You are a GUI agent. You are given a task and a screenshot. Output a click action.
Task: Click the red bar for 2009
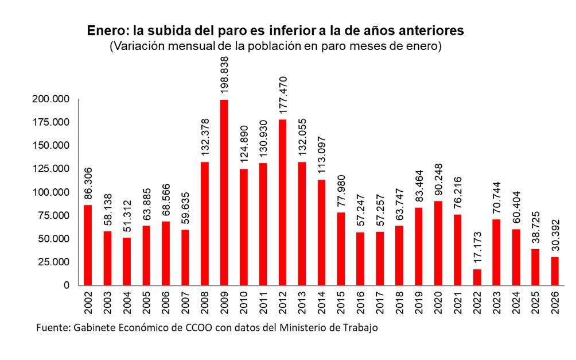pyautogui.click(x=224, y=192)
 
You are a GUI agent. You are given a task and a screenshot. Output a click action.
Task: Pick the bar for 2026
pyautogui.click(x=555, y=270)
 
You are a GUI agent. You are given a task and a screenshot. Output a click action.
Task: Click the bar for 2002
pyautogui.click(x=88, y=245)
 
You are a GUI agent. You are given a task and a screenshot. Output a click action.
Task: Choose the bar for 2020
pyautogui.click(x=438, y=243)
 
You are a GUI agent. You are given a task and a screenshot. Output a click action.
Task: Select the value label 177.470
pyautogui.click(x=283, y=96)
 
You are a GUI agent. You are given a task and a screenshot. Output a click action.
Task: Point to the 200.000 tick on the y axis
pyautogui.click(x=52, y=99)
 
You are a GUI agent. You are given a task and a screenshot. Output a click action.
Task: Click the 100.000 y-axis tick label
pyautogui.click(x=52, y=192)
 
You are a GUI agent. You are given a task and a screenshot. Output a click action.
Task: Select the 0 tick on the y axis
pyautogui.click(x=67, y=285)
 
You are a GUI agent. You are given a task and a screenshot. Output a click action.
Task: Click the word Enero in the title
pyautogui.click(x=104, y=30)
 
